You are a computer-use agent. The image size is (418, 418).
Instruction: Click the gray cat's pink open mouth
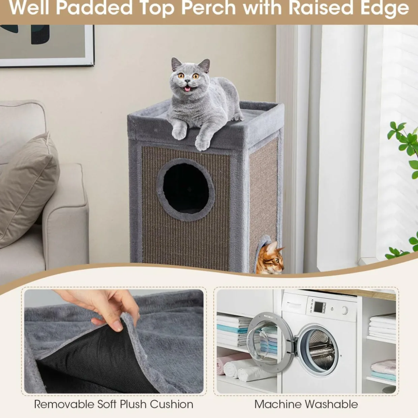[x=187, y=89]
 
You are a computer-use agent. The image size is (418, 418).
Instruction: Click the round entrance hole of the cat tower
[x=186, y=189]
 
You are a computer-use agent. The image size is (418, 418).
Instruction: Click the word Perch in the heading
[x=208, y=8]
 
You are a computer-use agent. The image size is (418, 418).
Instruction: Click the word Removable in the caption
[x=64, y=398]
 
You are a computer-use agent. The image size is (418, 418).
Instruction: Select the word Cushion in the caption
[x=171, y=398]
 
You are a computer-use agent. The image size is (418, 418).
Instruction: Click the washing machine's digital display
[x=318, y=307]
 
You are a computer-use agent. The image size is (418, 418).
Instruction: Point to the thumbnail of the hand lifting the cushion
[x=114, y=341]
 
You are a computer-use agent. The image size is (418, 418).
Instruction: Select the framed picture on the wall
[x=47, y=45]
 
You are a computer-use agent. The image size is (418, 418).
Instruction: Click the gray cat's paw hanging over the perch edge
[x=202, y=144]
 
